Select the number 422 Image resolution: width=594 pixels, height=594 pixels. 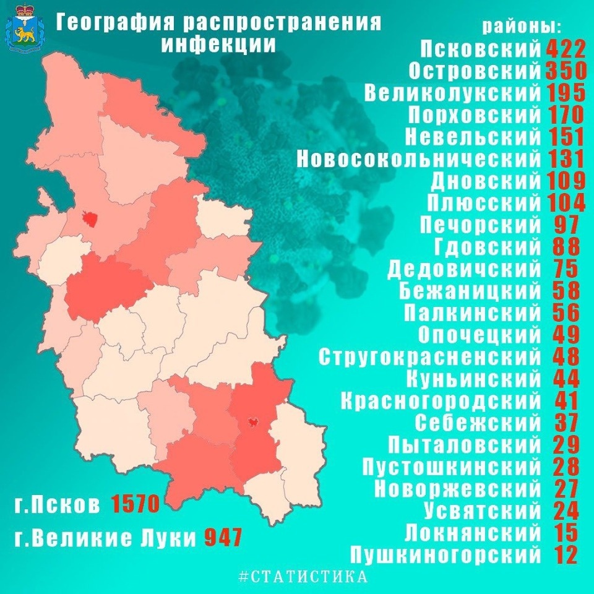coord(566,49)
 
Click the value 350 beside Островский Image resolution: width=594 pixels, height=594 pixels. coord(566,71)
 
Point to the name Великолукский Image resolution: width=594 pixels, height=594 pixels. coord(453,93)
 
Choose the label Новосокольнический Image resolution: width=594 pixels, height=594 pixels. coord(419,159)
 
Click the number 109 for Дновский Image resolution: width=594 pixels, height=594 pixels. coord(566,181)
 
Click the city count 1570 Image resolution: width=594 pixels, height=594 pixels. coord(136,504)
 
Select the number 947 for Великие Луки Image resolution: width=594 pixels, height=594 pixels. coord(223,537)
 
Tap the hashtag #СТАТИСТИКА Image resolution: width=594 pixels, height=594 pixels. coord(303,577)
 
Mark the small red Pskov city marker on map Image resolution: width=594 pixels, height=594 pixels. coord(91,218)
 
